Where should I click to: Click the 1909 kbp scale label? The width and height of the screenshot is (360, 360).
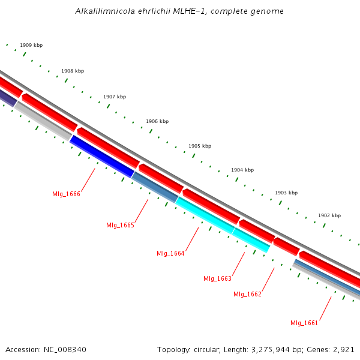point(31,45)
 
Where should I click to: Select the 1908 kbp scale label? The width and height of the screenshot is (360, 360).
point(73,71)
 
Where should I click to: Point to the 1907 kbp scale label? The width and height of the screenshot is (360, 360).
point(115,97)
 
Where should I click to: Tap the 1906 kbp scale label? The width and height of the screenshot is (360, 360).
point(157,121)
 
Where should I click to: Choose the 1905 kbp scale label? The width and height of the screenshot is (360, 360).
point(200,146)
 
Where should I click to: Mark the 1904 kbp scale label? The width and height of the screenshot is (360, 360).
point(242,170)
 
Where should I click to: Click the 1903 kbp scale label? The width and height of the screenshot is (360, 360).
point(286,193)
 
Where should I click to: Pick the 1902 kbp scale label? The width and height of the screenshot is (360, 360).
point(329,215)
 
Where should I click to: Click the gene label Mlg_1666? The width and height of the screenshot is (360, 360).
point(66,194)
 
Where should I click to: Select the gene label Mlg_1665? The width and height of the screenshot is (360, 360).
point(120,225)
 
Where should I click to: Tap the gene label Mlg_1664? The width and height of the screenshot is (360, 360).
point(170,253)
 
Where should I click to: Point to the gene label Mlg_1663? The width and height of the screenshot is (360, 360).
point(217,278)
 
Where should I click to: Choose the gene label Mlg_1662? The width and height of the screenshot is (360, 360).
point(247,294)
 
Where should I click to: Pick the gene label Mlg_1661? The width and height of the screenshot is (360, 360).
point(304,323)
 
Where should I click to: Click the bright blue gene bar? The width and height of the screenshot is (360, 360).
point(102,156)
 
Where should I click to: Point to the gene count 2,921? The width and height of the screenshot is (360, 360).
point(343,349)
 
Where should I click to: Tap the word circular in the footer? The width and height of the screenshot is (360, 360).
point(206,349)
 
